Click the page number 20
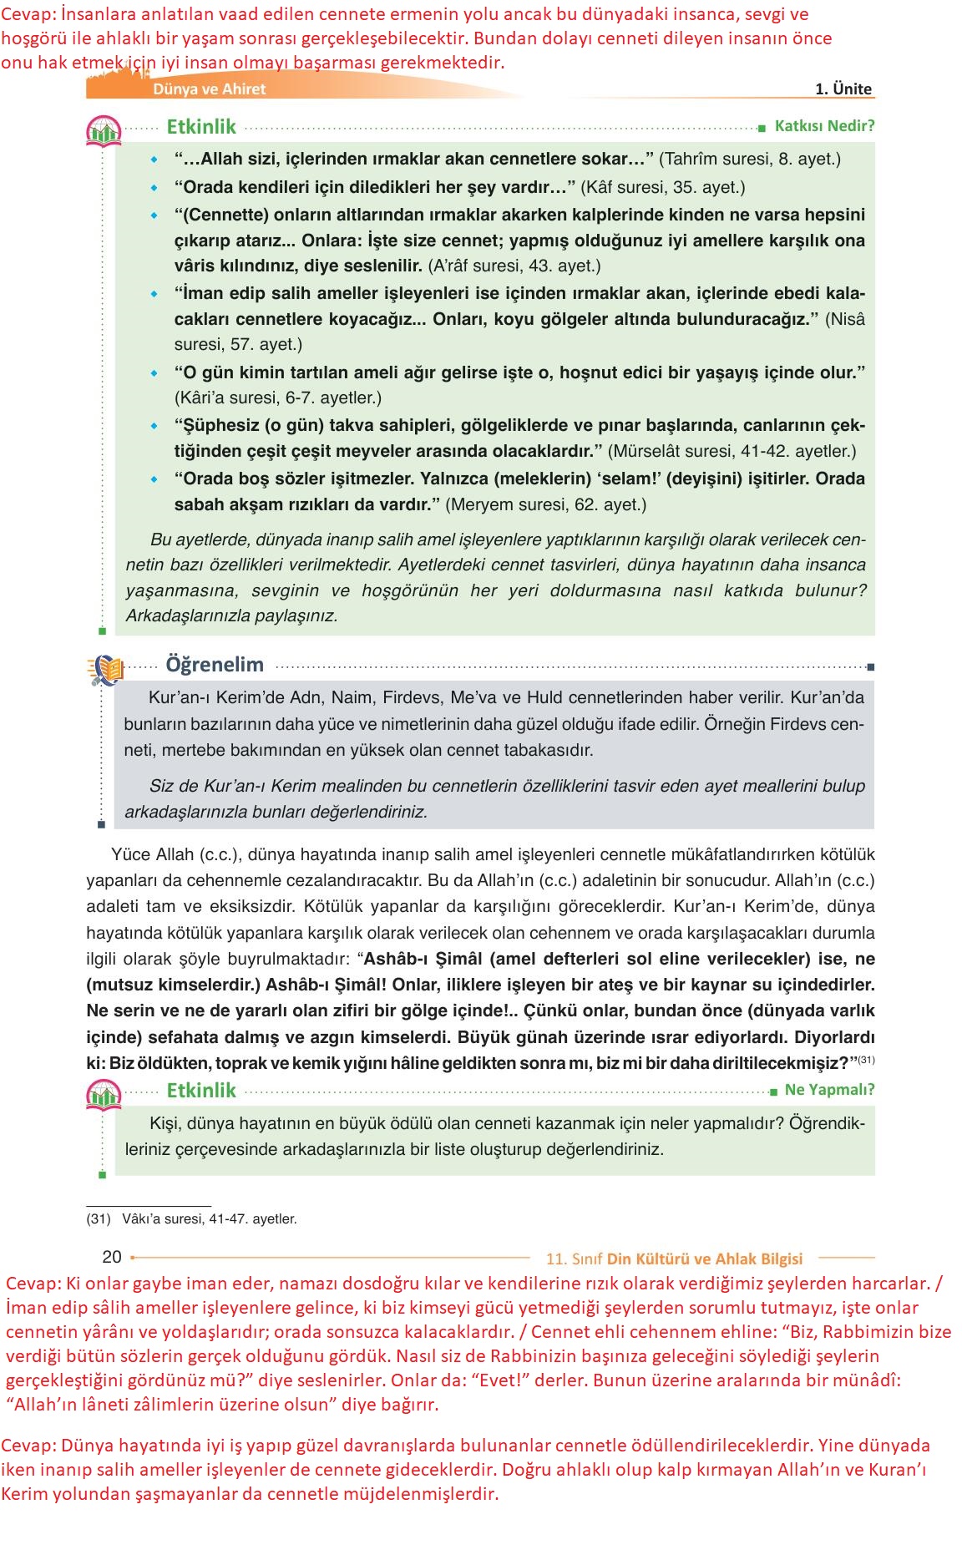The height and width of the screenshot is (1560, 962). [x=112, y=1257]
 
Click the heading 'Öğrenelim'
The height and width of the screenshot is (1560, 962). [x=215, y=665]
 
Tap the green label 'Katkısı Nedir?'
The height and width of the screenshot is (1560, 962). [x=824, y=126]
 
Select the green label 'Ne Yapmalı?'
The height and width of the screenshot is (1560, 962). [x=829, y=1090]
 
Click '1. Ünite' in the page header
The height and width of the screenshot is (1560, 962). [x=843, y=89]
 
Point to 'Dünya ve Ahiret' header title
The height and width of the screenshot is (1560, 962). [x=209, y=89]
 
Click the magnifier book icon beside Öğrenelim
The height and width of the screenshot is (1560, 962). [x=105, y=669]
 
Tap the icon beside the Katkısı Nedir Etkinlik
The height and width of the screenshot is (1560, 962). [x=104, y=131]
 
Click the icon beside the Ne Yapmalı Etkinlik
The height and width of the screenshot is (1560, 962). [x=104, y=1094]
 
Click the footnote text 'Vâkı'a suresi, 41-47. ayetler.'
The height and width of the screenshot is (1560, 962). [x=209, y=1219]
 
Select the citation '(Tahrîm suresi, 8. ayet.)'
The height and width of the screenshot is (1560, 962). [x=750, y=159]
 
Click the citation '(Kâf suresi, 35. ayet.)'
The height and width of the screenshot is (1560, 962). [x=663, y=187]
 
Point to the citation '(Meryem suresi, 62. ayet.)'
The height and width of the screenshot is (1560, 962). [x=546, y=504]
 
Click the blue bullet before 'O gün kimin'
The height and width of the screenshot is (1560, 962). [x=154, y=373]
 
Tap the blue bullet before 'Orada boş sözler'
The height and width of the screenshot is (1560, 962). [x=154, y=479]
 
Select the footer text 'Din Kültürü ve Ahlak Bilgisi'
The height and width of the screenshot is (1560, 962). [x=704, y=1259]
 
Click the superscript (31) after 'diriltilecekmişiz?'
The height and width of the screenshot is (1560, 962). [x=866, y=1060]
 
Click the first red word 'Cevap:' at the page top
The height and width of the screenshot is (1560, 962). [x=28, y=14]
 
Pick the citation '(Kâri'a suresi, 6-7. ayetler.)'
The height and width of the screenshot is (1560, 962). [x=278, y=398]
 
